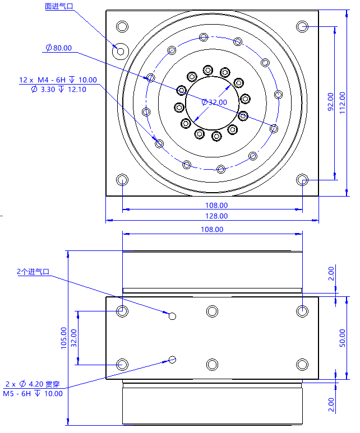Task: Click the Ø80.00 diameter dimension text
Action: coord(59,48)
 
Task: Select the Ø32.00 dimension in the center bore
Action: coord(214,102)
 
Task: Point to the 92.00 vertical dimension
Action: coord(330,102)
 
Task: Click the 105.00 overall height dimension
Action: coord(63,338)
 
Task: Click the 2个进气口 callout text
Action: coord(33,272)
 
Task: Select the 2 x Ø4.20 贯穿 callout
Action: coord(32,384)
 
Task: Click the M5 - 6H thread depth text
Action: coord(33,393)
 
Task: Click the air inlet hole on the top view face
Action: coord(120,51)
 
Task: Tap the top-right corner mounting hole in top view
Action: coord(302,26)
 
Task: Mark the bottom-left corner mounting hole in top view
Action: coord(122,179)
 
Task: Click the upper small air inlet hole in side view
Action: coord(172,316)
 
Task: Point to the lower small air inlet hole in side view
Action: coord(172,359)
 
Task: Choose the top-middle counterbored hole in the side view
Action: coord(212,311)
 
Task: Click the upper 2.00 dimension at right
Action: coord(331,273)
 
